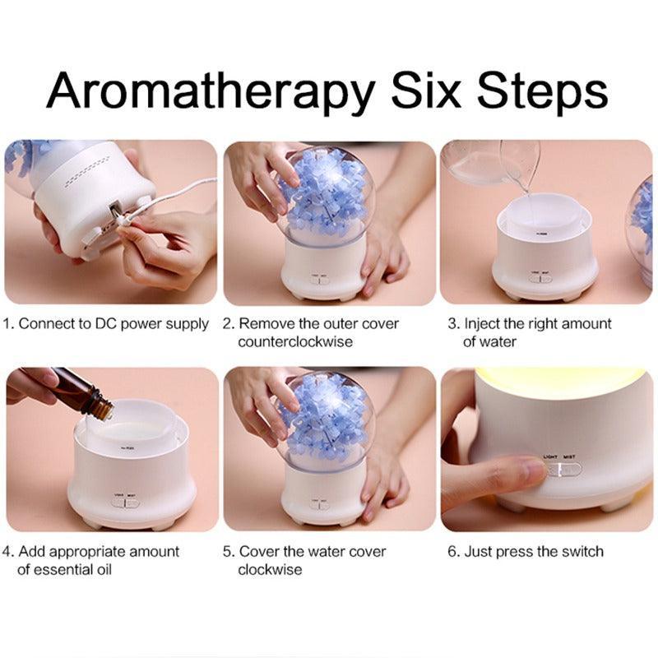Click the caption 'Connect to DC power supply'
[114, 324]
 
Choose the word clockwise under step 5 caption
[270, 569]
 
